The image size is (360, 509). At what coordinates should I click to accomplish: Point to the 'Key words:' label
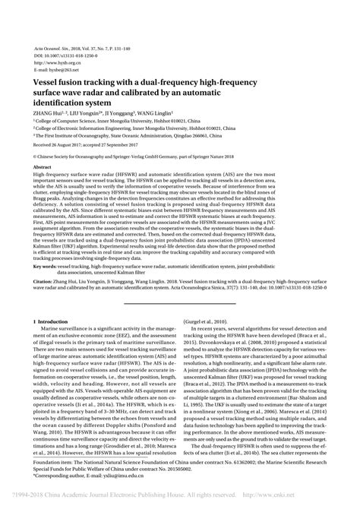point(46,246)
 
